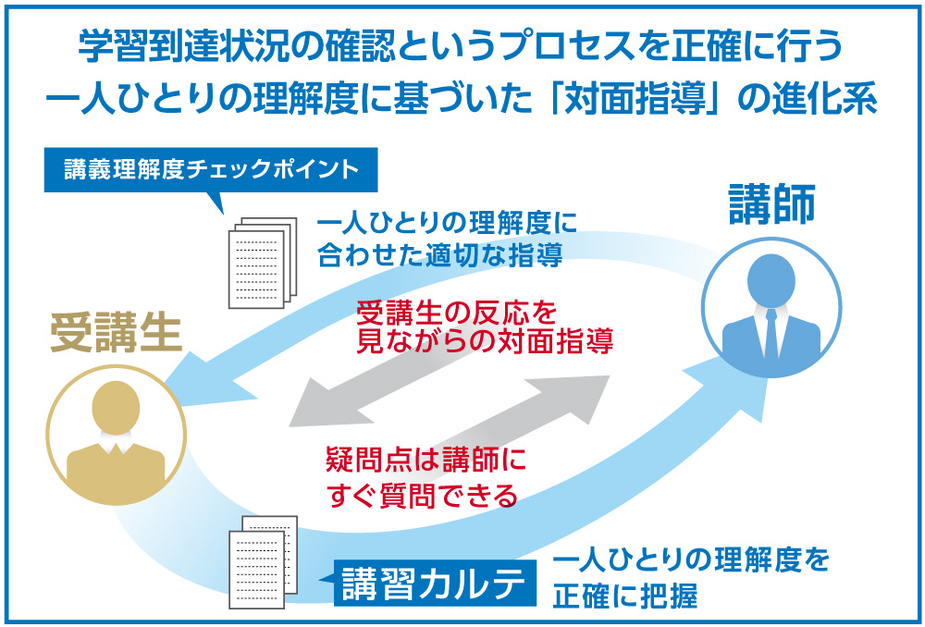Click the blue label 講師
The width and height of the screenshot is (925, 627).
pyautogui.click(x=772, y=204)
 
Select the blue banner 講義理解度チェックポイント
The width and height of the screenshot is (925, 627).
pyautogui.click(x=211, y=170)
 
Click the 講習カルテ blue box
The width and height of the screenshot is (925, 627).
pyautogui.click(x=436, y=583)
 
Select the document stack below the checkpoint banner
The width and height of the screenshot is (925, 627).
pyautogui.click(x=263, y=263)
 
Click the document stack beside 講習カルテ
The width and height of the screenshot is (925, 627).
pyautogui.click(x=263, y=561)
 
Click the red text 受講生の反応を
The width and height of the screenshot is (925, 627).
pyautogui.click(x=457, y=313)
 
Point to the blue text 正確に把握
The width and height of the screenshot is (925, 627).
pyautogui.click(x=624, y=596)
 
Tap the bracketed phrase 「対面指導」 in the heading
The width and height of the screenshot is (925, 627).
pyautogui.click(x=635, y=100)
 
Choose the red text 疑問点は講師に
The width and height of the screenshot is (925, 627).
pyautogui.click(x=425, y=460)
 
